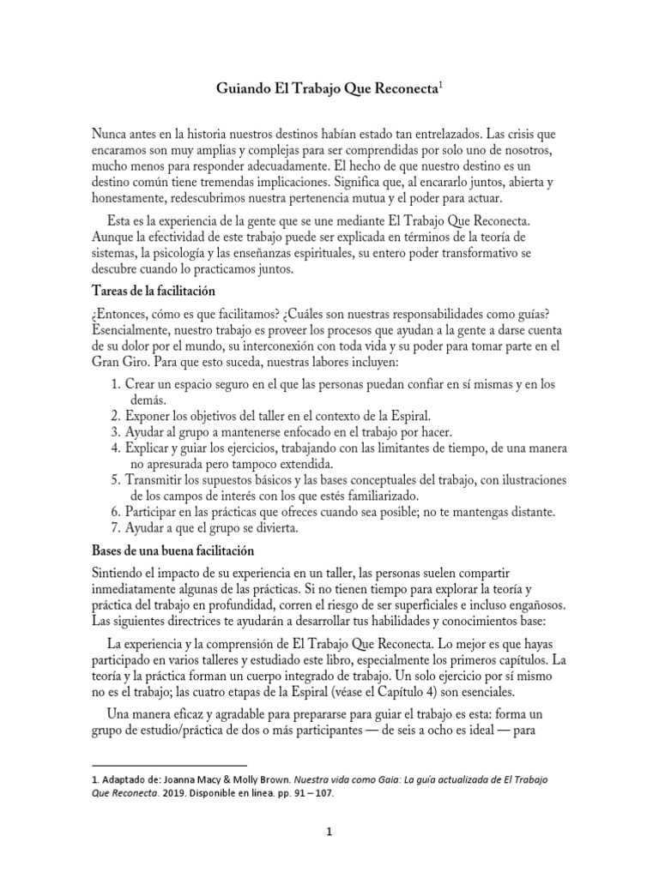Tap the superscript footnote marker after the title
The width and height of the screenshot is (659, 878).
click(x=440, y=85)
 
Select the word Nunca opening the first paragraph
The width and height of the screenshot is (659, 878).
click(x=109, y=135)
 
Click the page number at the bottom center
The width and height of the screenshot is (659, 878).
click(x=329, y=831)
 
